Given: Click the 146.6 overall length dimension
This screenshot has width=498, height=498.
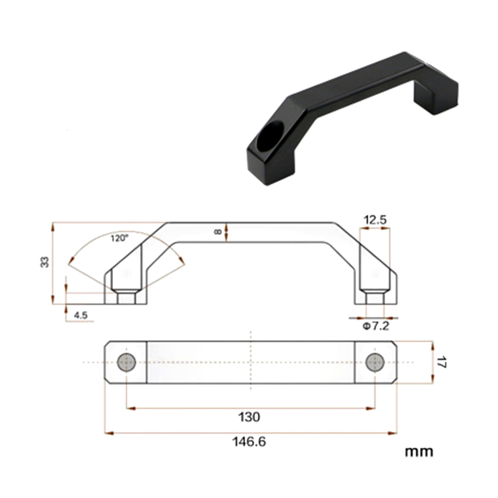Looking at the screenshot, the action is [249, 441].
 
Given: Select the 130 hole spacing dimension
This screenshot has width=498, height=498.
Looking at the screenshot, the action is [249, 417].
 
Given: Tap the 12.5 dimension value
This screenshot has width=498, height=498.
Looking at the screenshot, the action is [375, 220].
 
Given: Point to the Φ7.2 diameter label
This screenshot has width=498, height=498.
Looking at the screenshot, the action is [376, 326].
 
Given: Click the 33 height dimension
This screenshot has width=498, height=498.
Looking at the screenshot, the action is [45, 262].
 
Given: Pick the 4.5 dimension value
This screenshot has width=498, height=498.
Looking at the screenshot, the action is [81, 315].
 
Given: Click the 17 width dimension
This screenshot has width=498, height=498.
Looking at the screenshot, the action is [441, 362].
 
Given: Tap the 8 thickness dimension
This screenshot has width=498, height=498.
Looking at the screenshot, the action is [218, 232].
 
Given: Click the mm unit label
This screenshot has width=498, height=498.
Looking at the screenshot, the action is [419, 452].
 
